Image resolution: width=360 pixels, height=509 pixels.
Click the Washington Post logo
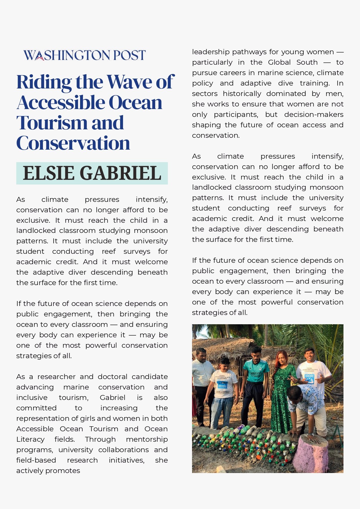[x=84, y=55]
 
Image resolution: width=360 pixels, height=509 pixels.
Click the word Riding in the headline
[x=44, y=82]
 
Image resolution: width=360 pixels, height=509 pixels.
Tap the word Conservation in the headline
[x=73, y=143]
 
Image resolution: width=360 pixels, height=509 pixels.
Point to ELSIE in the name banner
[x=48, y=173]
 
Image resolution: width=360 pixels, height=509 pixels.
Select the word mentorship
[x=147, y=439]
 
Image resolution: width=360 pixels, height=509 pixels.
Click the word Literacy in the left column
[x=30, y=439]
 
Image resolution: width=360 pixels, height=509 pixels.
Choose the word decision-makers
[x=314, y=115]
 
